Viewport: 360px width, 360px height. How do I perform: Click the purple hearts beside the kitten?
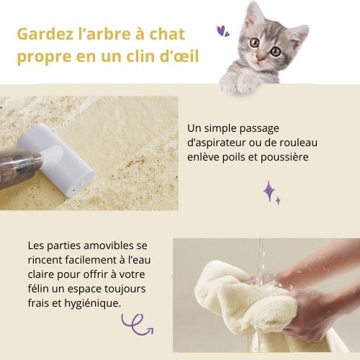[x=223, y=31]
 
